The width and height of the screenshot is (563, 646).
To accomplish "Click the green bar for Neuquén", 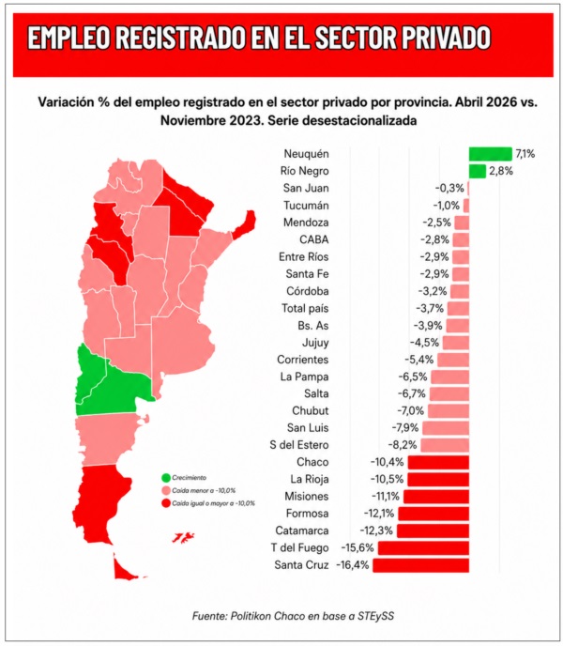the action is [x=490, y=154].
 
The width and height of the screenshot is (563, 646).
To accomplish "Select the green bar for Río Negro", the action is [x=478, y=172].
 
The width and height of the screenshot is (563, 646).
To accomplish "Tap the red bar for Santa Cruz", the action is [x=421, y=565].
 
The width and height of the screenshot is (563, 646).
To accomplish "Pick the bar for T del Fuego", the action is [x=423, y=548].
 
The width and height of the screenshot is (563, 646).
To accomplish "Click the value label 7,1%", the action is [x=525, y=154].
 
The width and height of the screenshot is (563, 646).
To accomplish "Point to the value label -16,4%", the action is [x=353, y=565].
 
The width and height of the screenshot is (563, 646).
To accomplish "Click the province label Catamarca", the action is [x=302, y=531].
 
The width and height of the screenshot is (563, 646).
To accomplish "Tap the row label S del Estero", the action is [x=299, y=445].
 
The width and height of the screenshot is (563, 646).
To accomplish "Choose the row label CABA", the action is [x=313, y=239].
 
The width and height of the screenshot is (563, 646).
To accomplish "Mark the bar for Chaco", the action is [x=438, y=462].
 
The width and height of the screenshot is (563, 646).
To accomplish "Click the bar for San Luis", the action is [x=446, y=428].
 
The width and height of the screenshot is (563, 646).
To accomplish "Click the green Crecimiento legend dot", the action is [x=166, y=478].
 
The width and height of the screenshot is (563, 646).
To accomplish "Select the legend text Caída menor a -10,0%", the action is [x=204, y=491].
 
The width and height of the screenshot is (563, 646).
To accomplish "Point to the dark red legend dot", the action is [x=166, y=503].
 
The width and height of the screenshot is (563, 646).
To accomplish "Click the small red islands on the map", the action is [x=183, y=538].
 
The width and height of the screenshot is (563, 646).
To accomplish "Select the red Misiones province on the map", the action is [x=245, y=224].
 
